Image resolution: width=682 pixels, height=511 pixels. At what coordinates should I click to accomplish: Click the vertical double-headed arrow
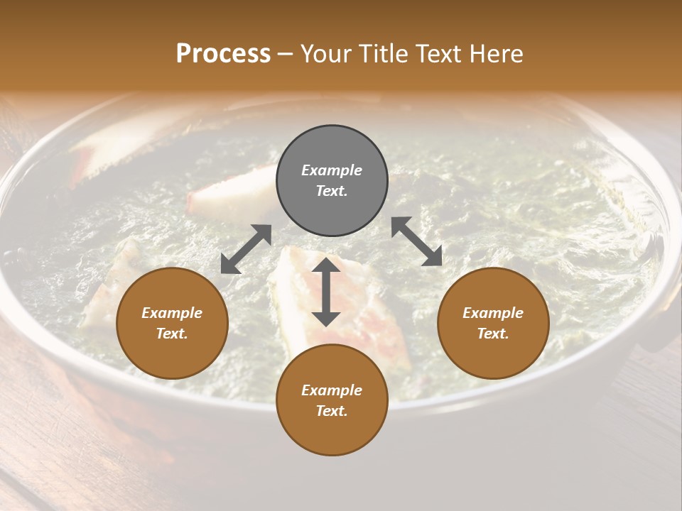(x=326, y=292)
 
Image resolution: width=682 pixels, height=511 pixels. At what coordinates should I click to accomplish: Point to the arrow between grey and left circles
(x=246, y=249)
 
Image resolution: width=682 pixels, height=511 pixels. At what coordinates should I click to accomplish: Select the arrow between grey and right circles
(x=417, y=242)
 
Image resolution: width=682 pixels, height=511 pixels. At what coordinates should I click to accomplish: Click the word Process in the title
(x=223, y=54)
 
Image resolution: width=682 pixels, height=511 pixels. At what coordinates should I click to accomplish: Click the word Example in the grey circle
(x=332, y=170)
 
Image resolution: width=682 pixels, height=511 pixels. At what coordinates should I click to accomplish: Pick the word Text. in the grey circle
(x=332, y=191)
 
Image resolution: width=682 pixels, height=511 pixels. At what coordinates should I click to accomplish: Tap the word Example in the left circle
(x=172, y=313)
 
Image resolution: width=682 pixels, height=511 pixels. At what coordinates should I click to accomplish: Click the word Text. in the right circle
(x=493, y=334)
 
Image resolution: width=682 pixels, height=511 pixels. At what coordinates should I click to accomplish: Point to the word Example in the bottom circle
(x=332, y=390)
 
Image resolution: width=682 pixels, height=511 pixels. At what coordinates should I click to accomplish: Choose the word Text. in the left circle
(x=172, y=334)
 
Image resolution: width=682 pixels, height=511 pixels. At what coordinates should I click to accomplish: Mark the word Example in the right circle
(x=493, y=313)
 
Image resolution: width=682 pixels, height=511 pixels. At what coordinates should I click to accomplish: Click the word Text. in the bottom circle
(x=332, y=411)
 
